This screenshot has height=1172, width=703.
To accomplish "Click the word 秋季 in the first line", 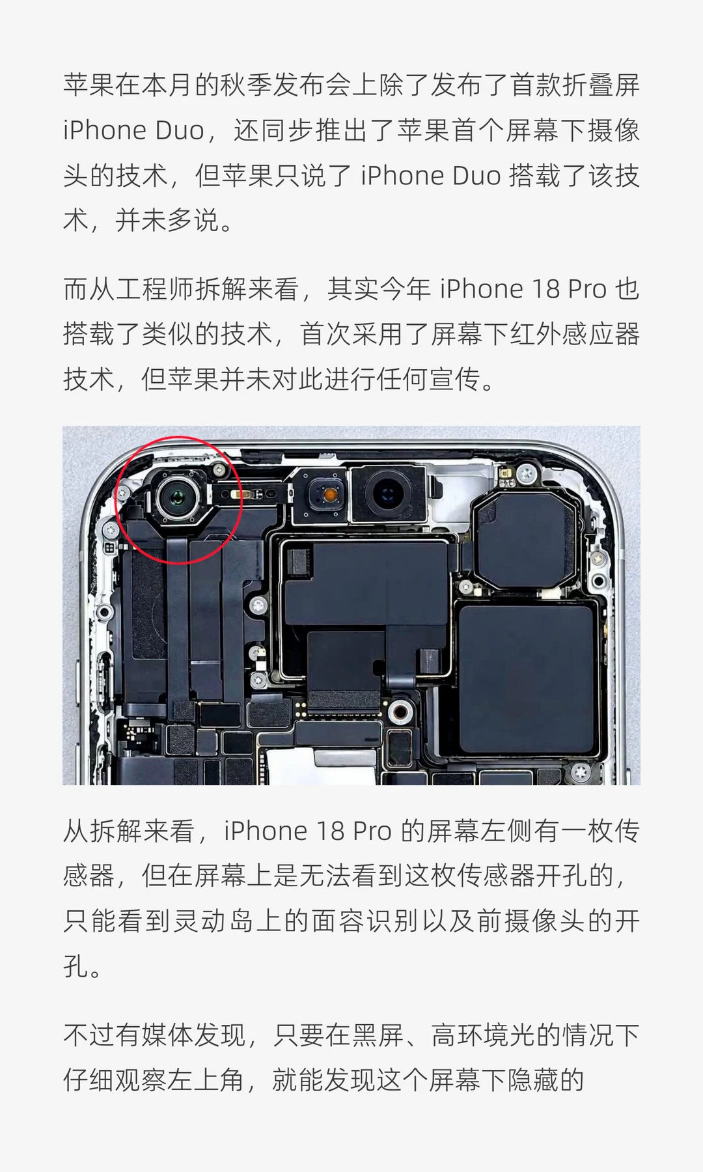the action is pyautogui.click(x=247, y=85).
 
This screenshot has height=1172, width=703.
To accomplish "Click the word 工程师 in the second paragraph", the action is pyautogui.click(x=155, y=289).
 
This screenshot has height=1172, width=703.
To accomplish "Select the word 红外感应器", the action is pyautogui.click(x=574, y=334).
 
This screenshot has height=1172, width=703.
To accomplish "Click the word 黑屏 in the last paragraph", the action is pyautogui.click(x=378, y=1034).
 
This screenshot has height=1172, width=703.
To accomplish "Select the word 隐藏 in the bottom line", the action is pyautogui.click(x=532, y=1080).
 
